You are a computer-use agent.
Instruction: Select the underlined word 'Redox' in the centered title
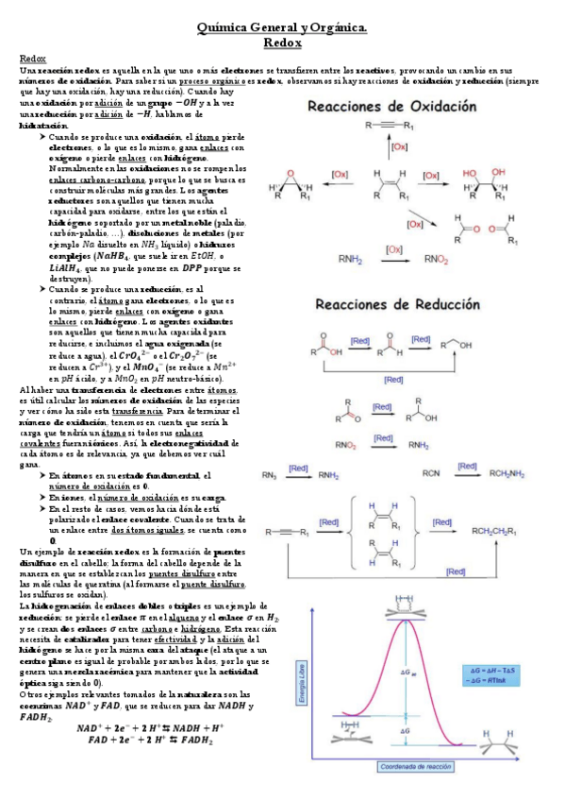tap(282, 43)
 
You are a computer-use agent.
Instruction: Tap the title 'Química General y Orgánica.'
tap(282, 29)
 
